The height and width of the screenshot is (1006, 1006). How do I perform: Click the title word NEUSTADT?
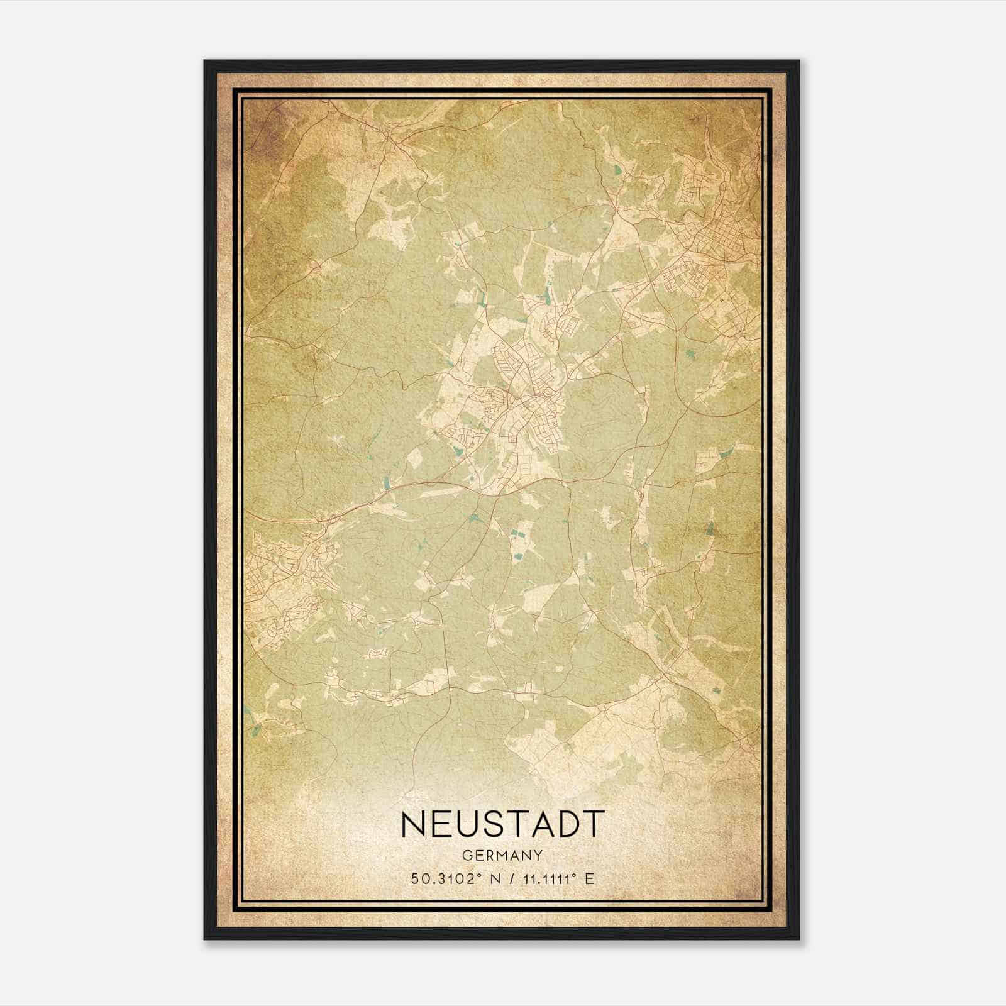[x=502, y=824]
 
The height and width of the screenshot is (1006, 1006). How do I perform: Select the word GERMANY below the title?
[x=502, y=856]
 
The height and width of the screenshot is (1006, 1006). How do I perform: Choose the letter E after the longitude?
[x=589, y=879]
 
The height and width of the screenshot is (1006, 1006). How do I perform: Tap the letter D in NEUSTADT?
[x=567, y=824]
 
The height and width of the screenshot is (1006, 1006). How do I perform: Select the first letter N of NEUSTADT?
[x=412, y=824]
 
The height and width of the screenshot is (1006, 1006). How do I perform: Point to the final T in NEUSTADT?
[x=594, y=824]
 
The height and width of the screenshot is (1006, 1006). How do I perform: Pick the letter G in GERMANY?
[x=466, y=856]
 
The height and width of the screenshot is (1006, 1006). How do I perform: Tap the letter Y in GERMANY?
[x=538, y=856]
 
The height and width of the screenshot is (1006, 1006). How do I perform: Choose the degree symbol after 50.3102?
[x=482, y=875]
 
